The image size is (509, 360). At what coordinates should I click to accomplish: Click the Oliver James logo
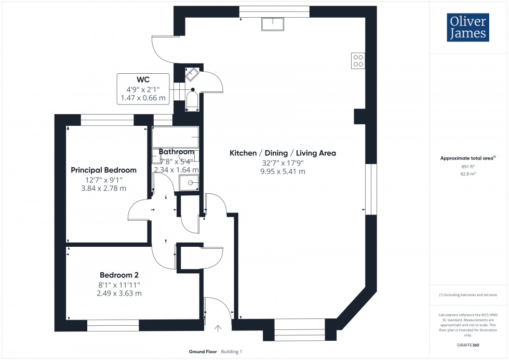467,28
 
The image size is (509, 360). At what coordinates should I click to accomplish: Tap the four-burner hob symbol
358,61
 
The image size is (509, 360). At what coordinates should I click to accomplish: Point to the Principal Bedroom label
103,170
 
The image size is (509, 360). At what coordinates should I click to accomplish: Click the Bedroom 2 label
119,275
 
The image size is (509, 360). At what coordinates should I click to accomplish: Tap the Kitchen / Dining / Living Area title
283,153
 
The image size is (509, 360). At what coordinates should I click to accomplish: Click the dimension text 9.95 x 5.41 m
283,171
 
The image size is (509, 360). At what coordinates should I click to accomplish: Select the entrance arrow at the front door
218,328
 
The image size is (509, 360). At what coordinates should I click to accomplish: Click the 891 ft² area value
468,166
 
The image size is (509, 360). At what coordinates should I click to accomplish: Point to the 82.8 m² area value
468,174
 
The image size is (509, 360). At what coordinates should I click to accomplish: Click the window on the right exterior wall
370,190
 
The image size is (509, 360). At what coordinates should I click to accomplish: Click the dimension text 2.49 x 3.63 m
119,294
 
